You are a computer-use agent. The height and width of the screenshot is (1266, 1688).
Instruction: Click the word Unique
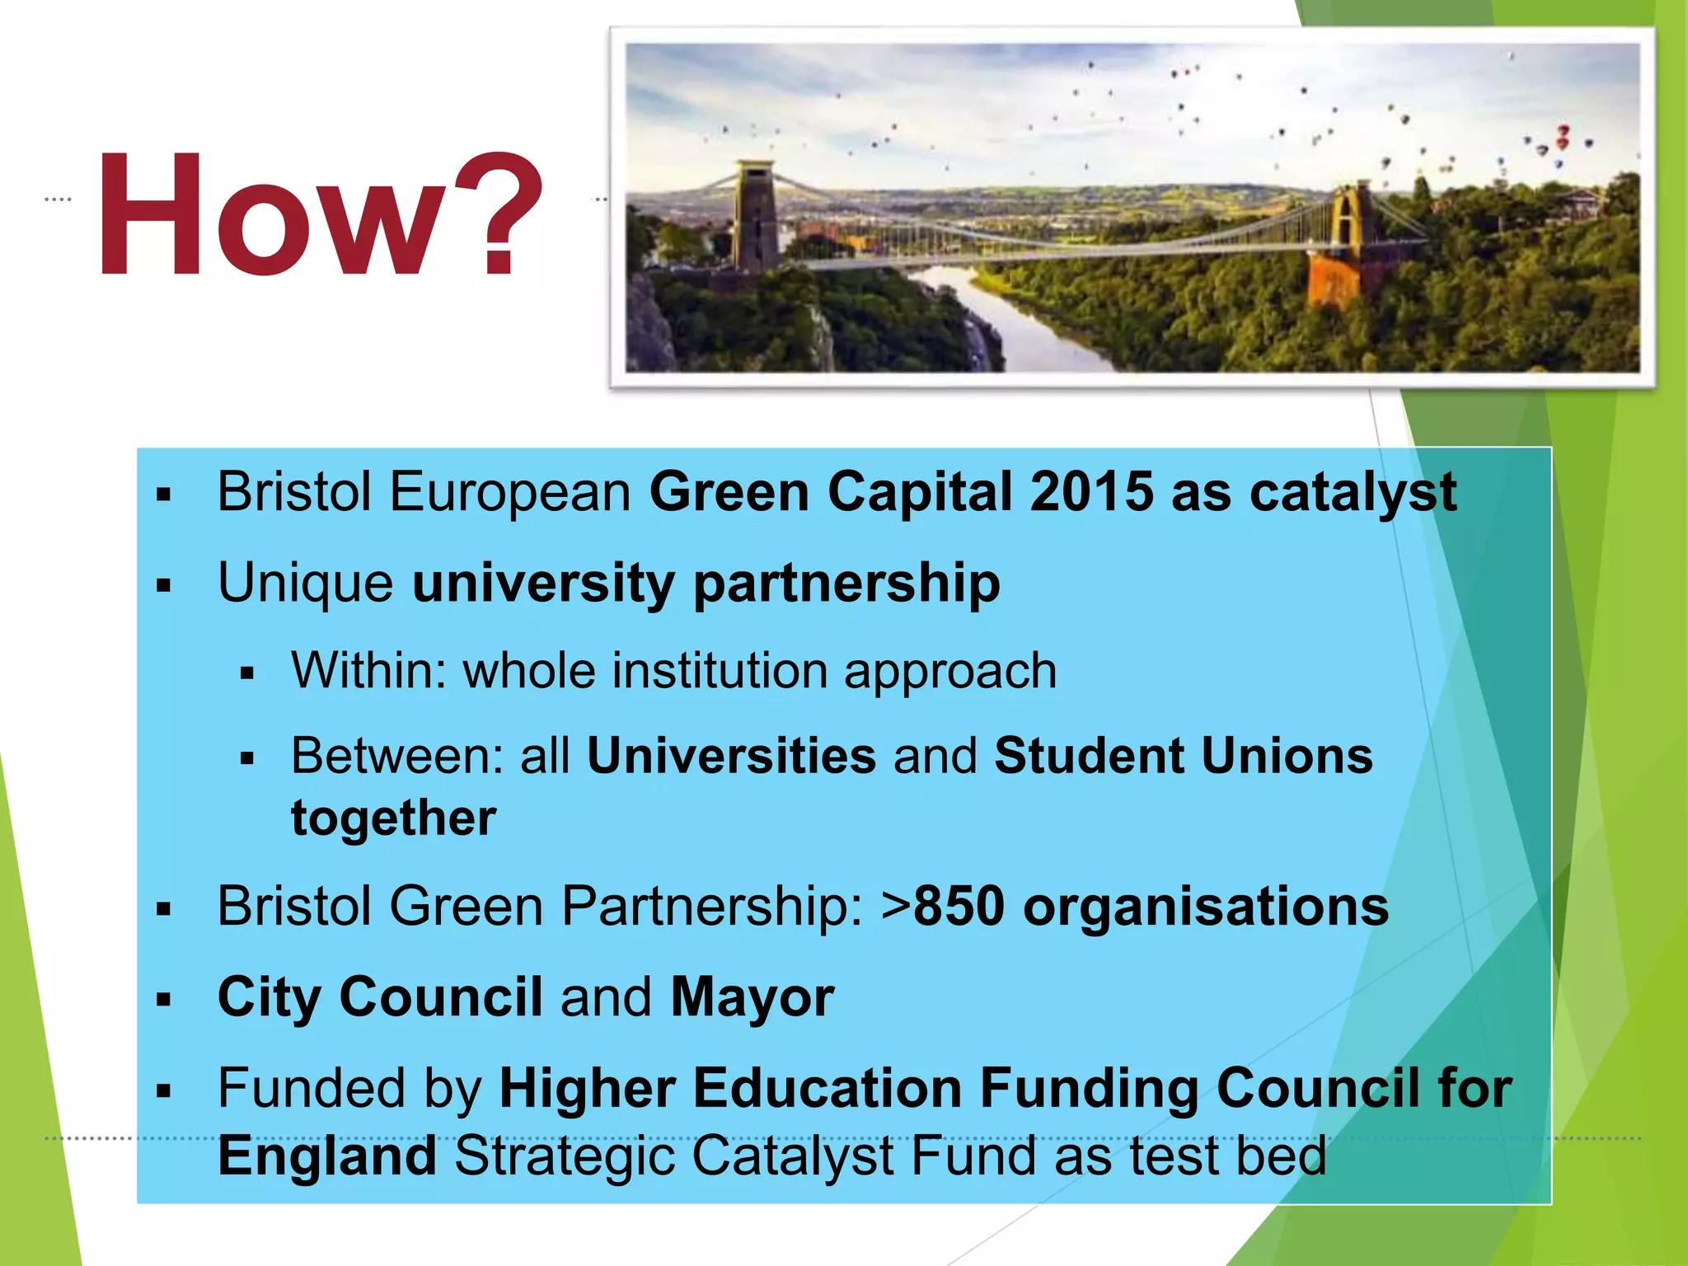click(x=306, y=584)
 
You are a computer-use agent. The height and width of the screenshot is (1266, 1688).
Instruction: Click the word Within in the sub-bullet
click(x=359, y=670)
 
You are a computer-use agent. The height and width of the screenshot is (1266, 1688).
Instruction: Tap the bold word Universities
click(x=731, y=756)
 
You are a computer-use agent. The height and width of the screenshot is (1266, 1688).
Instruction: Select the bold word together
click(x=394, y=818)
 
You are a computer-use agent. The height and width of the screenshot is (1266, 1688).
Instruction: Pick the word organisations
click(x=1206, y=907)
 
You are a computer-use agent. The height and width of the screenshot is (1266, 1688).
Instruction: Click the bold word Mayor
click(x=752, y=997)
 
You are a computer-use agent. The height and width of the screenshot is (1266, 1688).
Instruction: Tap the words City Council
click(x=380, y=997)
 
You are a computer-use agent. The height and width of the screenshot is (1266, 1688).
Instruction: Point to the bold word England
click(x=327, y=1156)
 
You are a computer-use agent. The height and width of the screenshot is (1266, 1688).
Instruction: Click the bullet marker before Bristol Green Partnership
click(x=163, y=909)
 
